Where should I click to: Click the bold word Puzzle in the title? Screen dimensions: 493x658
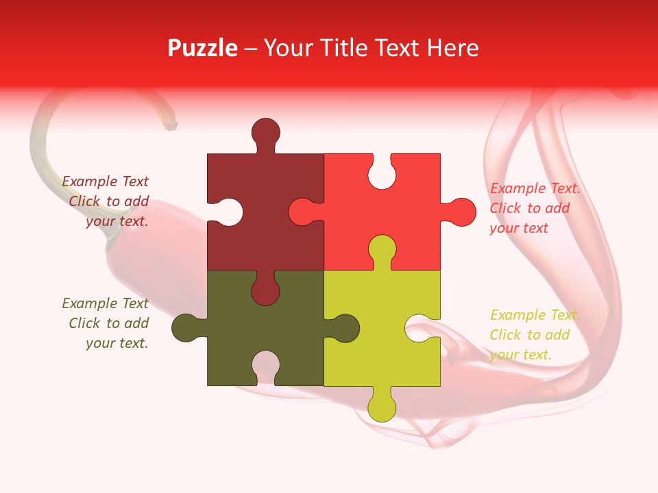click(x=202, y=48)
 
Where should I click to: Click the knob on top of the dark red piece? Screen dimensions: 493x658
click(x=265, y=133)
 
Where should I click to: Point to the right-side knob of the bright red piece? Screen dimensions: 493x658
click(x=461, y=212)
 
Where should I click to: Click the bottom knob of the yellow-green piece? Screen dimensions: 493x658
click(x=382, y=406)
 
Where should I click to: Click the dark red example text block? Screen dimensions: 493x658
click(x=106, y=201)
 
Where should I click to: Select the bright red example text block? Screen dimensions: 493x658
click(x=535, y=208)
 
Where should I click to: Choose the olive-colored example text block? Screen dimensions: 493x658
click(x=106, y=323)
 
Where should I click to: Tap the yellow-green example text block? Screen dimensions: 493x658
click(x=535, y=335)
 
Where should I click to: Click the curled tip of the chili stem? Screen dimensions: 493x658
click(x=170, y=125)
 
